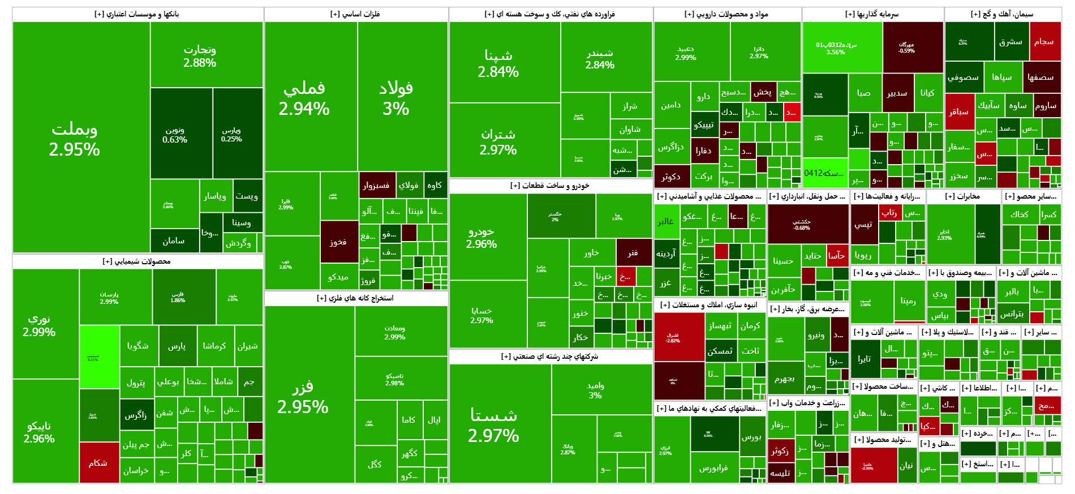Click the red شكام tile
[x=99, y=462]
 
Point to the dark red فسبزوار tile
[x=376, y=185]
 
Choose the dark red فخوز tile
[x=339, y=242]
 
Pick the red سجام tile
[x=1044, y=41]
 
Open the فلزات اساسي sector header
[x=356, y=14]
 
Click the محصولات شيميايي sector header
[x=137, y=261]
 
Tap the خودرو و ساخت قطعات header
[x=550, y=186]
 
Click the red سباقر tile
[x=959, y=111]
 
